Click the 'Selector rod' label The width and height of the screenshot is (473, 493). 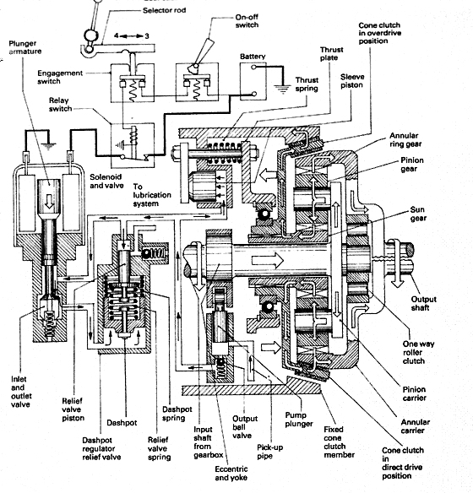point(164,10)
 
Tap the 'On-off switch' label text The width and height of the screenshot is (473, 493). point(247,21)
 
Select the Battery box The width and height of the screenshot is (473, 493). point(253,81)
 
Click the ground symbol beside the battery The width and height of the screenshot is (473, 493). point(283,89)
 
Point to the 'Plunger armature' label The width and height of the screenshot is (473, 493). point(24,47)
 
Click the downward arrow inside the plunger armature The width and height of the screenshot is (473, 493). point(49,202)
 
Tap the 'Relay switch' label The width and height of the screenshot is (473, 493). point(60,105)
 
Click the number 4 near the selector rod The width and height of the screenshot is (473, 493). point(117,35)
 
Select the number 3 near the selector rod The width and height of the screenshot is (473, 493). point(147,36)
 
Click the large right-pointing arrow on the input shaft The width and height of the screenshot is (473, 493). point(268,261)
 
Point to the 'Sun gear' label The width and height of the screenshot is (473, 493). point(418,214)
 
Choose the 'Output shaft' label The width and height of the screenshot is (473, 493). point(423,303)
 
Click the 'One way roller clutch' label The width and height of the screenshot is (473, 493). point(418,352)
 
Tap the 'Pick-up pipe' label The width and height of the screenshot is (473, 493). point(269,452)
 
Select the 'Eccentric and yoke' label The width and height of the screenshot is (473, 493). point(231,474)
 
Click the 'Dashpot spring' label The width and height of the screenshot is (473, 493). point(177,414)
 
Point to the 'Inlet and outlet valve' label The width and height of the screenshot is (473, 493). point(21,392)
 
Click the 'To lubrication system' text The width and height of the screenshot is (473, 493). point(152,195)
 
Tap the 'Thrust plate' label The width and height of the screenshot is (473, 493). point(331,54)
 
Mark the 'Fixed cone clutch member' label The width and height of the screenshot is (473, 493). point(339,442)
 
